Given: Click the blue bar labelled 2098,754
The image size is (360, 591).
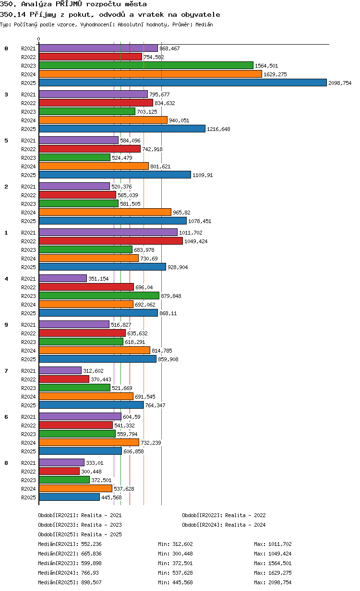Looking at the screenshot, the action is tap(182, 83).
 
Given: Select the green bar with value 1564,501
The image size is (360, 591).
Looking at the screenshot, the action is tap(146, 65).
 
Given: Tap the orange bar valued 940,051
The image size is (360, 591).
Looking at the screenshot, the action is tap(103, 120).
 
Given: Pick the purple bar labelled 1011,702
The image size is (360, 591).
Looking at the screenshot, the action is tap(108, 232).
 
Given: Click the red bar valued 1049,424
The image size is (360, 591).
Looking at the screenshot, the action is tap(110, 241).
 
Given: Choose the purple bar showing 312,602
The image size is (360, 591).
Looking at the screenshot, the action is tap(60, 370).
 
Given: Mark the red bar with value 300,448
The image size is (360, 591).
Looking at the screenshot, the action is tap(59, 471).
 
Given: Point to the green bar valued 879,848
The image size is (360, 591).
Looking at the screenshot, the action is tap(99, 296).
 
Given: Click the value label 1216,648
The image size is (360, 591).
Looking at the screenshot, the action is tap(218, 129).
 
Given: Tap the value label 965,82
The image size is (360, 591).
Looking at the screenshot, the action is tap(181, 213).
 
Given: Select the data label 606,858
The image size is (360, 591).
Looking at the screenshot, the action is tap(133, 451).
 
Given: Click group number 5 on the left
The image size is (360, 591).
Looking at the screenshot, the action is tap(6, 141).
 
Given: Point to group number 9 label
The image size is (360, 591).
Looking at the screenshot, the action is tap(6, 324).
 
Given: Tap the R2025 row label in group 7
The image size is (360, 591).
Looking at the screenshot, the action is tap(28, 405).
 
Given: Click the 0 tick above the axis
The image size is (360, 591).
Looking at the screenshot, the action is tap(38, 39).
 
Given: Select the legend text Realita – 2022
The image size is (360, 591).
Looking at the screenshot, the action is tap(245, 515).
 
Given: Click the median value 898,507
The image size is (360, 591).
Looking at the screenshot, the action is tap(91, 582).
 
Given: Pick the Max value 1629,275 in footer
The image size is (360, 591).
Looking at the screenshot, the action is tap(280, 573).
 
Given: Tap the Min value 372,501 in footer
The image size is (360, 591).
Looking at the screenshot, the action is tap(182, 563).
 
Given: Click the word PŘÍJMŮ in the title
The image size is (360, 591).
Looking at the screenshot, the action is tap(69, 4).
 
